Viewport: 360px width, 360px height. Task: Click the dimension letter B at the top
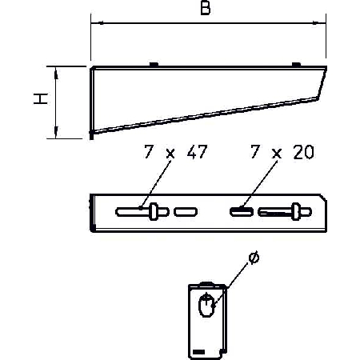tap(206, 8)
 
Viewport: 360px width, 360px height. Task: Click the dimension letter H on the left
tap(41, 98)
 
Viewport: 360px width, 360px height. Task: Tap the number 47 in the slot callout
tap(197, 152)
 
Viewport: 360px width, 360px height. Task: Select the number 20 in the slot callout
tap(303, 152)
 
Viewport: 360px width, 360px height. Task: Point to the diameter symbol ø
tap(254, 258)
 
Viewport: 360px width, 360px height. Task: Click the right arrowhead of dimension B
tap(319, 23)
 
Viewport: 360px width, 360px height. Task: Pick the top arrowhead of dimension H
tap(56, 73)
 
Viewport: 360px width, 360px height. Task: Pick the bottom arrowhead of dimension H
tap(56, 132)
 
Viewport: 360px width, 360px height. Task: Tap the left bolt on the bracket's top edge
tap(154, 64)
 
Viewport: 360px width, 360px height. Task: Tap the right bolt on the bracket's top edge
tap(296, 64)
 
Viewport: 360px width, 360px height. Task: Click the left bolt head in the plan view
tap(153, 212)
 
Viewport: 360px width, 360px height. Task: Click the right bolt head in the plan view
tap(295, 212)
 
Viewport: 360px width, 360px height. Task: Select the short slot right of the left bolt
tap(186, 212)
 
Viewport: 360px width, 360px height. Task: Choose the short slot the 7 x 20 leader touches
tap(242, 212)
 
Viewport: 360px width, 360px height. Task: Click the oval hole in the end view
tap(206, 305)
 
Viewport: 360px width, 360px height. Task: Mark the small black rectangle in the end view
tap(199, 352)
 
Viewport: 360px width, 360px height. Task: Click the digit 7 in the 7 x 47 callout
tap(149, 152)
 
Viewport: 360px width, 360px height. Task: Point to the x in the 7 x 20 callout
tap(277, 154)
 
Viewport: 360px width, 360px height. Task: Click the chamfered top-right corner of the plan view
tap(323, 198)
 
